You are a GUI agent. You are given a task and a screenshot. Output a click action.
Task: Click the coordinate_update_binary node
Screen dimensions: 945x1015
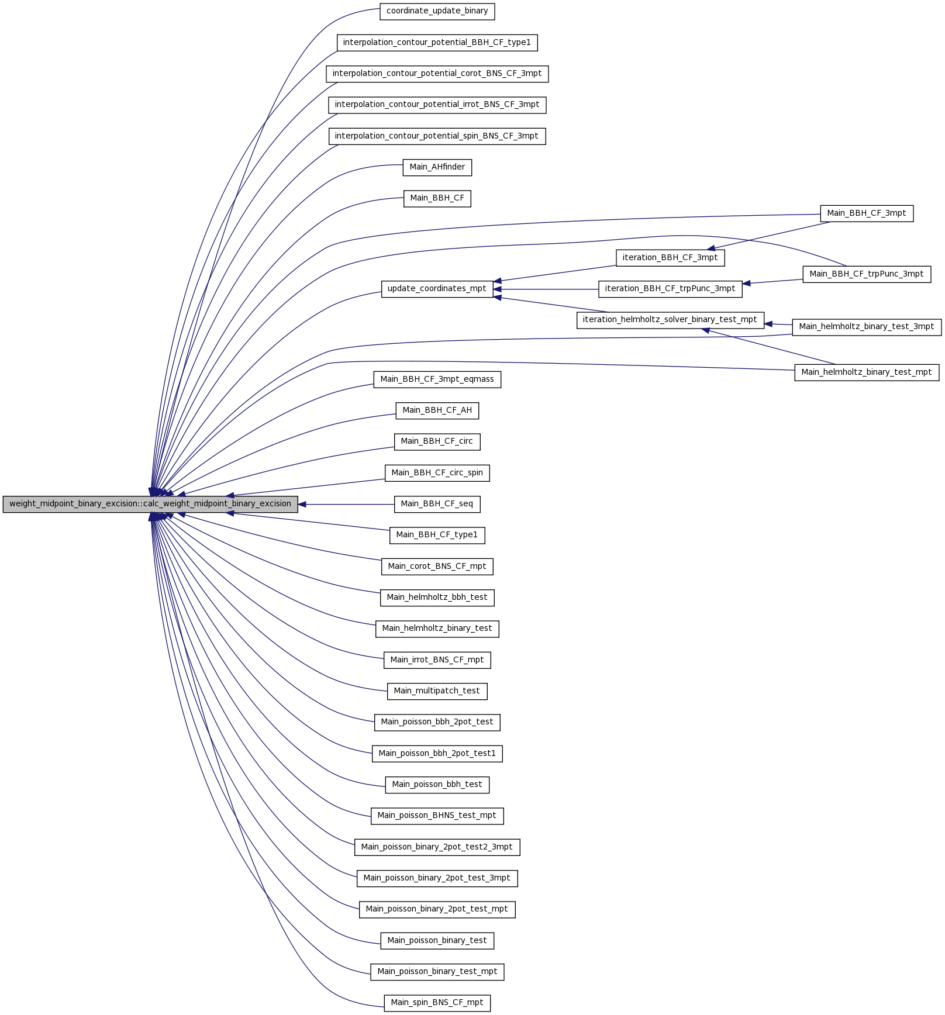pyautogui.click(x=437, y=11)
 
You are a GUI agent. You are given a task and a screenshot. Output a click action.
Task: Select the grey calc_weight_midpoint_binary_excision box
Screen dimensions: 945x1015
pyautogui.click(x=150, y=504)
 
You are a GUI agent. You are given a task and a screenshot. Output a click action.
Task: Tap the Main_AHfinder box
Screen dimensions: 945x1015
pyautogui.click(x=437, y=167)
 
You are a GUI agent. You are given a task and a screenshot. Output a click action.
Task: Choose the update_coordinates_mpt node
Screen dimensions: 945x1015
pyautogui.click(x=437, y=289)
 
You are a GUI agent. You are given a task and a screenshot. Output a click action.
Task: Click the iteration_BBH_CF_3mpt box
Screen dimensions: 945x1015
pyautogui.click(x=670, y=258)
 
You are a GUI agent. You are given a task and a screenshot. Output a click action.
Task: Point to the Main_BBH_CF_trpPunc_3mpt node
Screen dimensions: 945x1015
pyautogui.click(x=867, y=274)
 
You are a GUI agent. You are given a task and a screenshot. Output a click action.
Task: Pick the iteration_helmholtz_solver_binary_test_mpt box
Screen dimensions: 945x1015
pyautogui.click(x=670, y=320)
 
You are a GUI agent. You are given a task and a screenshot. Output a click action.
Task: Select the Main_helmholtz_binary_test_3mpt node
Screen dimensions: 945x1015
pyautogui.click(x=867, y=327)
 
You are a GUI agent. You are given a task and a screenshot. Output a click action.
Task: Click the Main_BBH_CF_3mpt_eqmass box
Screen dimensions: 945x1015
pyautogui.click(x=437, y=379)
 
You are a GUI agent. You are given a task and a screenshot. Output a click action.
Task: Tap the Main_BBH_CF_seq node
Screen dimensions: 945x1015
pyautogui.click(x=437, y=504)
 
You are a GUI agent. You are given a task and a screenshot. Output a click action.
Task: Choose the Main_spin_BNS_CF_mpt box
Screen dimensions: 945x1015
pyautogui.click(x=437, y=1003)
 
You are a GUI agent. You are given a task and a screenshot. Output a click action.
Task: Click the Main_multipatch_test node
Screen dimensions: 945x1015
pyautogui.click(x=437, y=691)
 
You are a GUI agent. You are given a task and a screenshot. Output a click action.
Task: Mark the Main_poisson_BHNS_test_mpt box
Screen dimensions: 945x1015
pyautogui.click(x=437, y=816)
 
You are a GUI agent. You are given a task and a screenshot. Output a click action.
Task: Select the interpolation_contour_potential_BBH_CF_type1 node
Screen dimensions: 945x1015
pyautogui.click(x=437, y=43)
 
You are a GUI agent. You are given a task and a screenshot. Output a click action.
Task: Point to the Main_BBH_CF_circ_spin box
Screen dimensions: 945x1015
pyautogui.click(x=437, y=473)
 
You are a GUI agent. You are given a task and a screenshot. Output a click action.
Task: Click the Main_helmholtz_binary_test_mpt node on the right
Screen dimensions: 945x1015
pyautogui.click(x=867, y=372)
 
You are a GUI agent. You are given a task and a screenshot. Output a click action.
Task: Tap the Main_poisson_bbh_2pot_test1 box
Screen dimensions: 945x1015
pyautogui.click(x=437, y=754)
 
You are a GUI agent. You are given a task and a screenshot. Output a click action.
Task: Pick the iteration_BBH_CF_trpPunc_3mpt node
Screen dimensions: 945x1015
pyautogui.click(x=670, y=289)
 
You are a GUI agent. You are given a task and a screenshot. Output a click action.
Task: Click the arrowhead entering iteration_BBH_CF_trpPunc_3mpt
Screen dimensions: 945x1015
pyautogui.click(x=747, y=284)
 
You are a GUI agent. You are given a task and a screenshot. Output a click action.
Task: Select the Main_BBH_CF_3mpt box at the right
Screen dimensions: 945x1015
pyautogui.click(x=867, y=214)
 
